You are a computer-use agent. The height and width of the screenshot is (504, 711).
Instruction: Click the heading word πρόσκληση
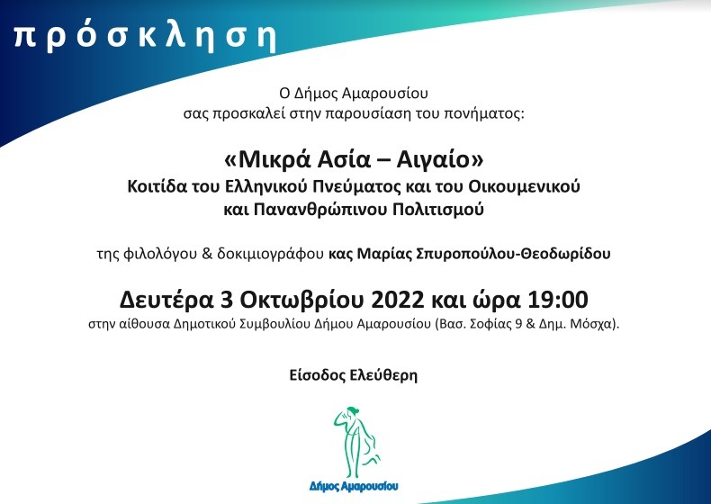(x=145, y=37)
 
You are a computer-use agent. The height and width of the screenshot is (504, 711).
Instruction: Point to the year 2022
(x=397, y=300)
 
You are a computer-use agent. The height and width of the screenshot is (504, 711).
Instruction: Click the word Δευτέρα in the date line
(x=166, y=300)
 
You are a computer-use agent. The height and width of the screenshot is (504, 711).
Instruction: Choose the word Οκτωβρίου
(x=301, y=300)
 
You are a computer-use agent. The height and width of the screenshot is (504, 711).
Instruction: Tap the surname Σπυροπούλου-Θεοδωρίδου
(x=513, y=254)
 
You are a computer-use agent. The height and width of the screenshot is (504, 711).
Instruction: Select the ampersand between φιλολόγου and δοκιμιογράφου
(x=207, y=254)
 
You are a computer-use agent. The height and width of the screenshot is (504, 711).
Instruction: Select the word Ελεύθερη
(x=383, y=375)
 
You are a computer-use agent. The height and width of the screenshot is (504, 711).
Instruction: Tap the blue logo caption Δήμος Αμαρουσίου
(x=354, y=486)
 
